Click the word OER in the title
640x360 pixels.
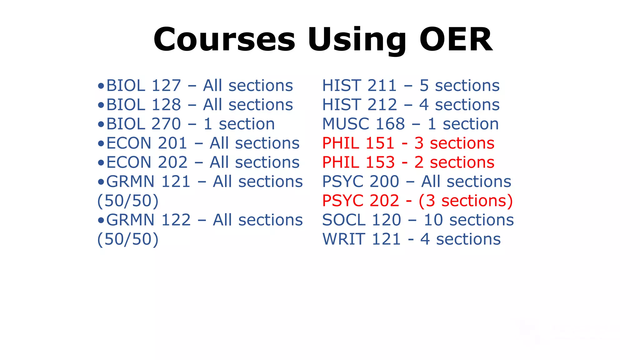[456, 40]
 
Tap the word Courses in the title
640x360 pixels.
[224, 40]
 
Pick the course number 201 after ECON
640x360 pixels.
[172, 143]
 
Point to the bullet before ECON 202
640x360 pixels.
[101, 163]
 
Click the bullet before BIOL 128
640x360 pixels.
[101, 105]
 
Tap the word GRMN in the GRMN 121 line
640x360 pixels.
[130, 182]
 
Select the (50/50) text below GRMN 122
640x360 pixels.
[128, 239]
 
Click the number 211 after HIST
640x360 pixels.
[382, 86]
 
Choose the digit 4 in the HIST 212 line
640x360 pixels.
[424, 105]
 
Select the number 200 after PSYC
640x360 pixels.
[384, 182]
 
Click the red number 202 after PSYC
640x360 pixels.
[384, 201]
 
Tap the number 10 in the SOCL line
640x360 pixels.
[433, 220]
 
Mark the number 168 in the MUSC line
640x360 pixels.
[390, 124]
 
